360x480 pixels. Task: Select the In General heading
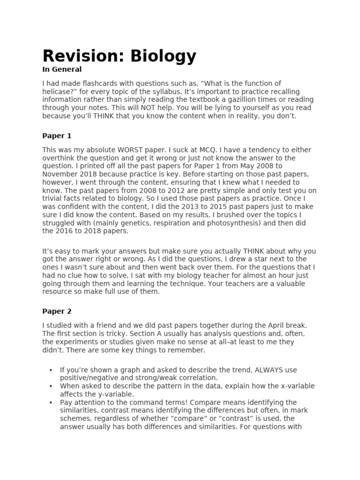pyautogui.click(x=62, y=69)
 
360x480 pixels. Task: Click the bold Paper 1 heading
pyautogui.click(x=57, y=136)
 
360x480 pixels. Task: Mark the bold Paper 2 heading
pyautogui.click(x=57, y=311)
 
